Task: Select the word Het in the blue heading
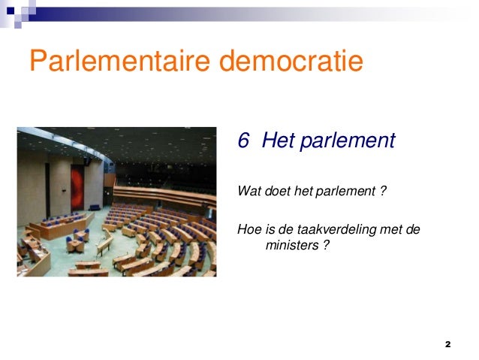[279, 141]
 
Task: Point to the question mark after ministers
[325, 244]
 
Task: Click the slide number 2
[447, 343]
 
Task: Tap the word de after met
[412, 228]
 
